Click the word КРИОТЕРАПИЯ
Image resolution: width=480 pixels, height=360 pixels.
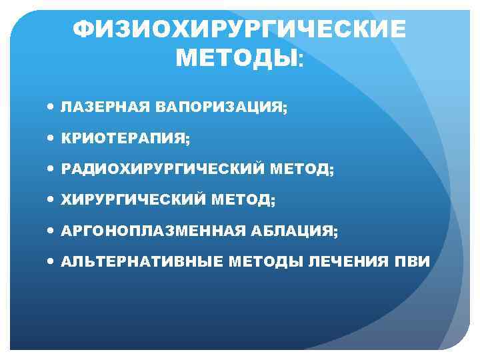124,139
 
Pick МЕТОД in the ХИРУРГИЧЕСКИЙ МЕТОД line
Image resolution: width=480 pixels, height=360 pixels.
243,200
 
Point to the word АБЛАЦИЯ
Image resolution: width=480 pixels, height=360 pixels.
299,231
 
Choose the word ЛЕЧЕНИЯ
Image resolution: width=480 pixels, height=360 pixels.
351,261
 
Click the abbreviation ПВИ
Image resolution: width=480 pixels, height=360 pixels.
414,261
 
